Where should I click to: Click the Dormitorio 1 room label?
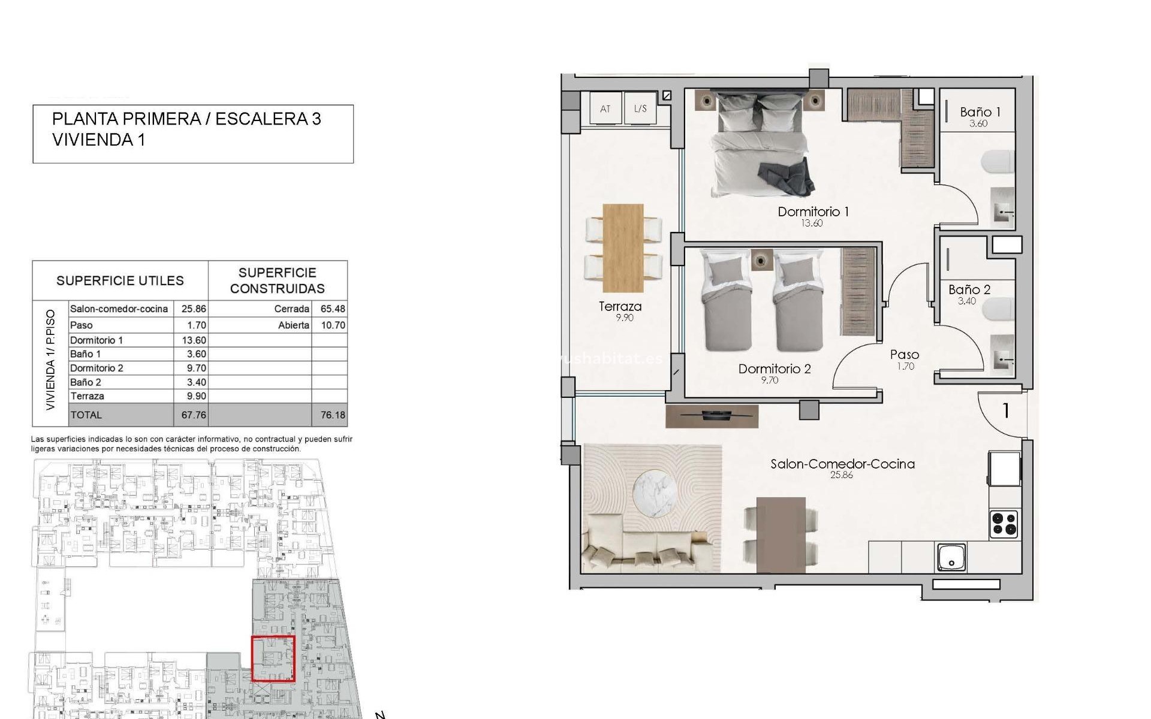(x=813, y=212)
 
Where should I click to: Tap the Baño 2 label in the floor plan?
(x=969, y=289)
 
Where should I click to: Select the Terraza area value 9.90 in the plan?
(x=624, y=318)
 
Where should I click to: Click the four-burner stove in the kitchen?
(x=1004, y=523)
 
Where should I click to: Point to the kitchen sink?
(x=951, y=557)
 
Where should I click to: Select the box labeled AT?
(x=605, y=108)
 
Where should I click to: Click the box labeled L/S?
(x=640, y=108)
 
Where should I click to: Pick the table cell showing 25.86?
(x=193, y=309)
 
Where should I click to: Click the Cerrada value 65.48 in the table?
(x=333, y=309)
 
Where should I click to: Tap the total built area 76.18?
(x=333, y=415)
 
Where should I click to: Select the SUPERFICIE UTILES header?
(x=120, y=280)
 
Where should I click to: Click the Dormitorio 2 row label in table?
(x=97, y=368)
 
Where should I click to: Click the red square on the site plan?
(x=273, y=658)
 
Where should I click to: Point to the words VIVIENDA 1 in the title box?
(x=99, y=140)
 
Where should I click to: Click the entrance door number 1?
(x=1006, y=411)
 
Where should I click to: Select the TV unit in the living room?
(x=712, y=416)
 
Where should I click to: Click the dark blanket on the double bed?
(x=786, y=178)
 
